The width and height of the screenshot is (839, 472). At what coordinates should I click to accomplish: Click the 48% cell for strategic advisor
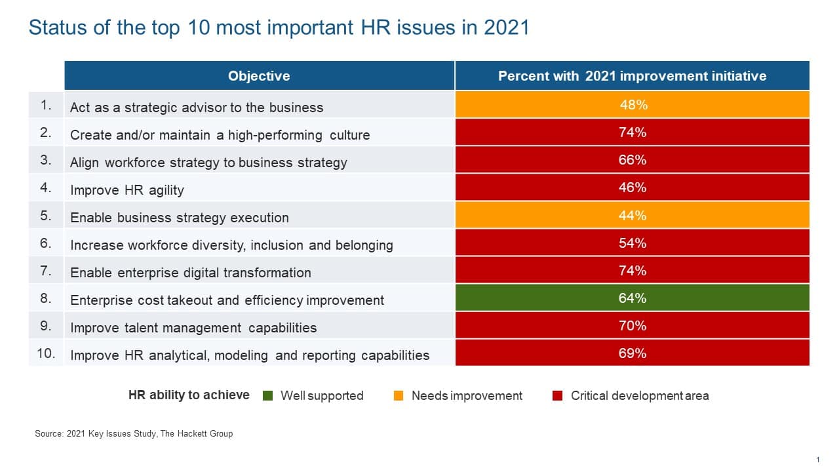click(633, 105)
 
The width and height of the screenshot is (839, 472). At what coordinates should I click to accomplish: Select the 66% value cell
click(633, 160)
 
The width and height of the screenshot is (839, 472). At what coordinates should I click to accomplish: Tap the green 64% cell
click(633, 298)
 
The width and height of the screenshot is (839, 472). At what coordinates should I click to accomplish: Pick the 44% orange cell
click(633, 215)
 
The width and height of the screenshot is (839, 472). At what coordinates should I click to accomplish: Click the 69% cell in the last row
click(633, 353)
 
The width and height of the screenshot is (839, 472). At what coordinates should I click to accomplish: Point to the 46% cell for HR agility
click(633, 187)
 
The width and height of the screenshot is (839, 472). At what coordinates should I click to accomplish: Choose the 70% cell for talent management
click(633, 326)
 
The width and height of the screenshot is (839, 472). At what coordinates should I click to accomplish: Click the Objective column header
click(259, 76)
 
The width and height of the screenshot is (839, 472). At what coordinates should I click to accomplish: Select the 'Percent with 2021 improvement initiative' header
click(632, 76)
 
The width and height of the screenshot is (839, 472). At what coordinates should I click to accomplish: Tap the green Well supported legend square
click(267, 395)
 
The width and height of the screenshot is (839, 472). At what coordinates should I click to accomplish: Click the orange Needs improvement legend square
click(399, 395)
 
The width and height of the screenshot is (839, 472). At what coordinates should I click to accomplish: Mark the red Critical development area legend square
click(558, 395)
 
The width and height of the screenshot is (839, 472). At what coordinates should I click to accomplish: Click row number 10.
click(46, 353)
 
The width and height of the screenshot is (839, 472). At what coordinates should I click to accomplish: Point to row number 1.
click(46, 105)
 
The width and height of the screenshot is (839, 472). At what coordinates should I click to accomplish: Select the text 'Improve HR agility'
click(127, 190)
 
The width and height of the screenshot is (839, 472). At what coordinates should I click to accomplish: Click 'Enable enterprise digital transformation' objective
click(191, 273)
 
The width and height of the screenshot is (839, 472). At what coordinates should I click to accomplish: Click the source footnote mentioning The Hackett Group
click(134, 433)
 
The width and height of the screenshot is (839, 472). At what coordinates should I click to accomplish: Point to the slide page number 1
click(818, 460)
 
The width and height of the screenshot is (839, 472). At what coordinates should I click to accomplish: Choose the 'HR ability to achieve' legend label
click(189, 395)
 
